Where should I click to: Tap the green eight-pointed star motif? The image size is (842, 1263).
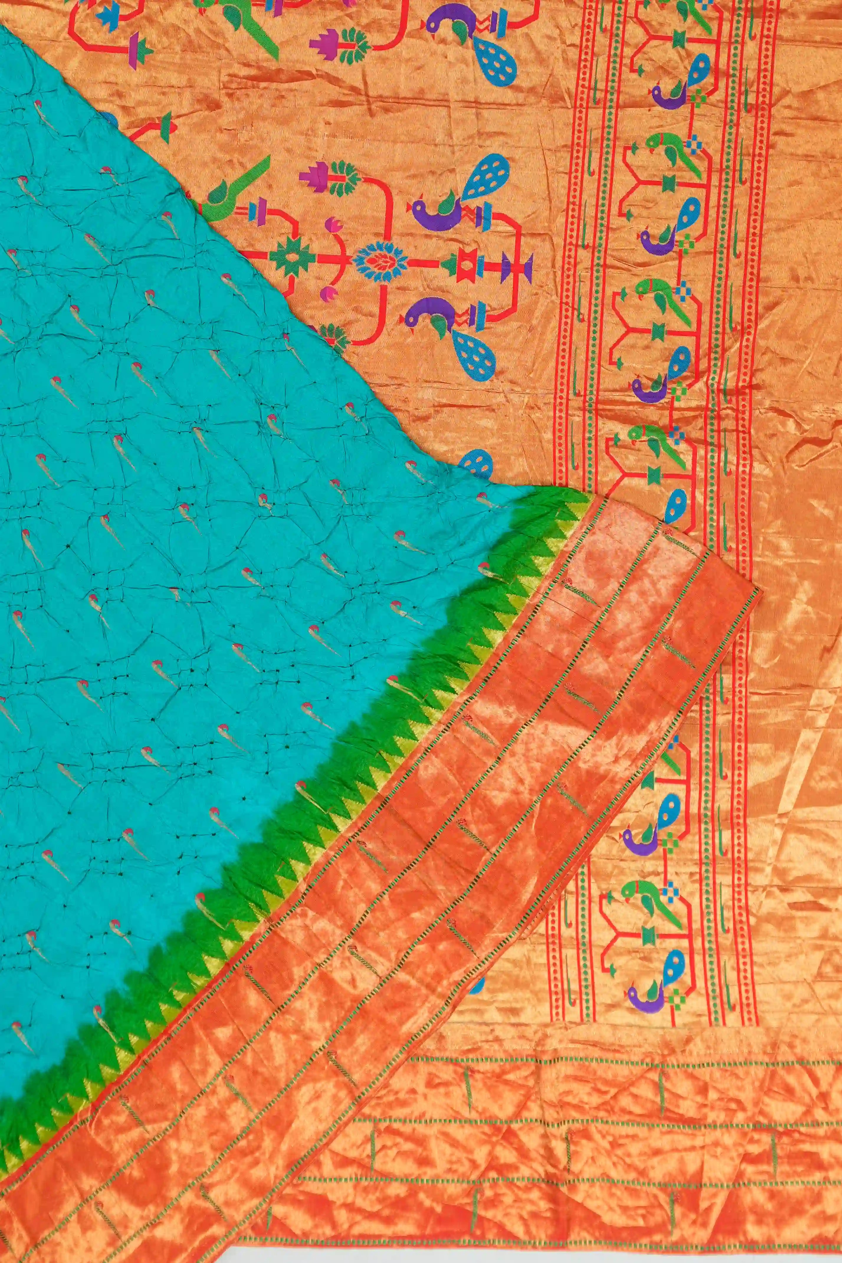tap(292, 259)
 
